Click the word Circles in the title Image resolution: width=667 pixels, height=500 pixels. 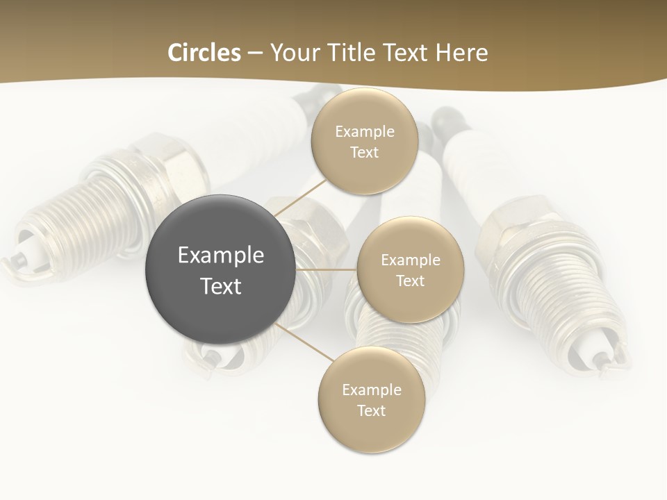click(204, 53)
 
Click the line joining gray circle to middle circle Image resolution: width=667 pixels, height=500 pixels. click(327, 269)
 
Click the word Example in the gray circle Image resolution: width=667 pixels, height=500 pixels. click(221, 256)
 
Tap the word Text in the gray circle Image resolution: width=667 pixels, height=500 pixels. click(221, 286)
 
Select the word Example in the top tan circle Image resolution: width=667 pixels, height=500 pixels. click(364, 132)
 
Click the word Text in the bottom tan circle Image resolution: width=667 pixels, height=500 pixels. click(371, 411)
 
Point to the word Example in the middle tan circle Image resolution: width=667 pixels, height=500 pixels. click(410, 260)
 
